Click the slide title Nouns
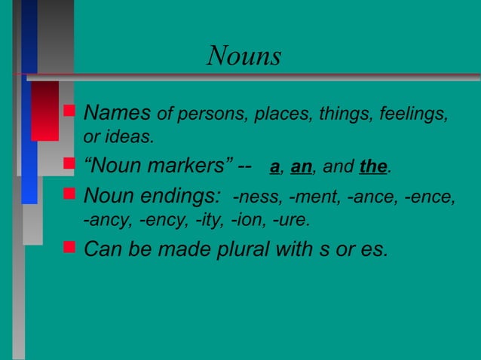pos(244,56)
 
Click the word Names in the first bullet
pos(117,114)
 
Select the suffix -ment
pos(310,198)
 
